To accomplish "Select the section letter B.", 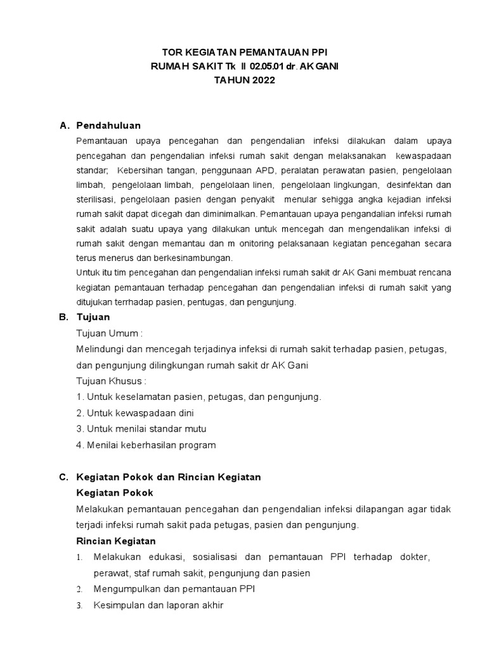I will coord(63,317).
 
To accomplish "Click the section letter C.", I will coord(63,477).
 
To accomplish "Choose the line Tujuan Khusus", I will coord(111,381).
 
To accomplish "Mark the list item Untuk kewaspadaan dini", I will coord(134,413).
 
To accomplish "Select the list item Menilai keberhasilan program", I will coord(145,445).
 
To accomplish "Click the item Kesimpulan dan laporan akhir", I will coord(158,606).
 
